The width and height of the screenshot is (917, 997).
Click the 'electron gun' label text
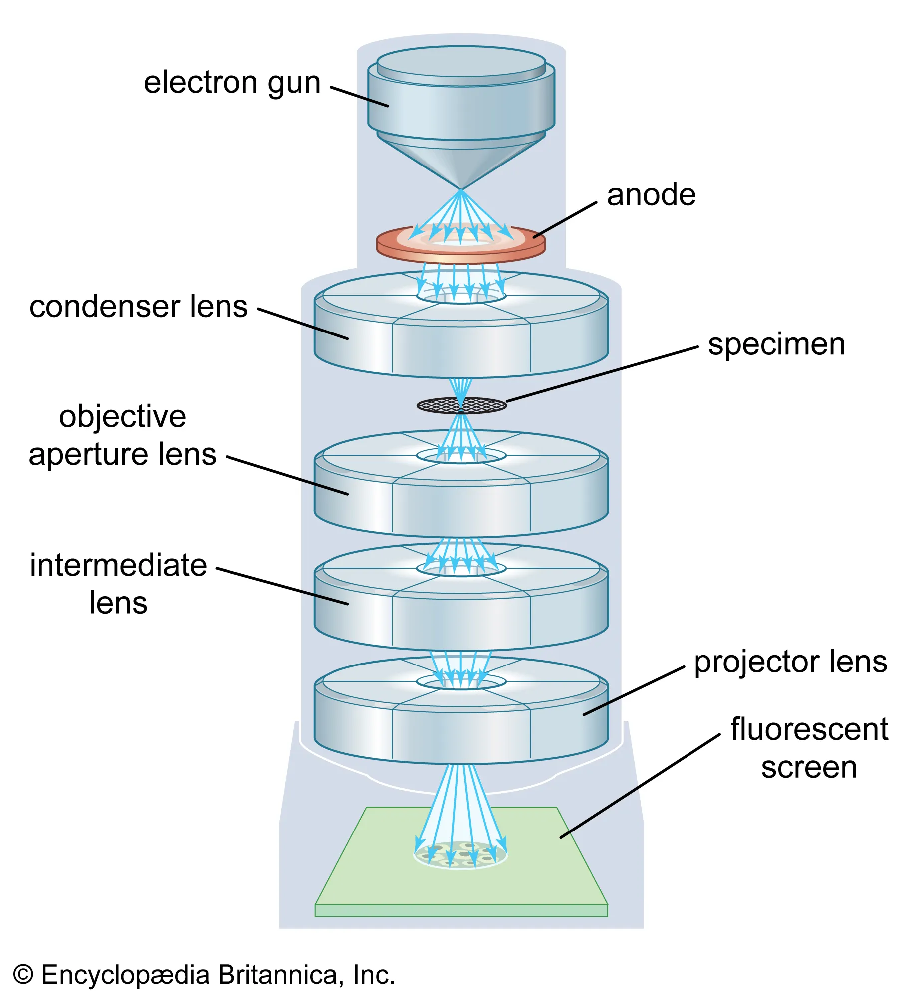coord(232,83)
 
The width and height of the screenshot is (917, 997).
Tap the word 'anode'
coord(651,195)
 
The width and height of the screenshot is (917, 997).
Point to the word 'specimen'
coord(776,344)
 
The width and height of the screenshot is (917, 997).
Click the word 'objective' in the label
coord(123,416)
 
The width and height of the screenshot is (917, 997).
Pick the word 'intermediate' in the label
coord(118,565)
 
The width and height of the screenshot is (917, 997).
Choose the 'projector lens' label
coord(790,662)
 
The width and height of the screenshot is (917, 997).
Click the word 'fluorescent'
coord(809,729)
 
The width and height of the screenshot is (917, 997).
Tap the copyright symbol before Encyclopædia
coord(23,975)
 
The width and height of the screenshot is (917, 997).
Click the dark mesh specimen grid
coord(461,405)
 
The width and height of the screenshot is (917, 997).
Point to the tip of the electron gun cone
coord(461,189)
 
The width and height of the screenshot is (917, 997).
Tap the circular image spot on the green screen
coord(461,854)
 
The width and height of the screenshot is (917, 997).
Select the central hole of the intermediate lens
coord(461,569)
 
